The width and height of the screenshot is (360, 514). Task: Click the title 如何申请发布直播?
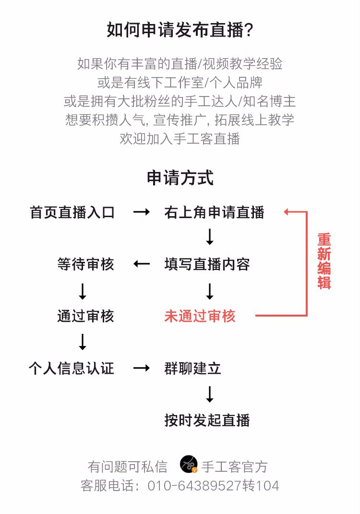pyautogui.click(x=180, y=30)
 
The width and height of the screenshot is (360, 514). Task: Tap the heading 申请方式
pyautogui.click(x=180, y=178)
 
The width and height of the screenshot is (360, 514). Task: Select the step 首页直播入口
pyautogui.click(x=72, y=212)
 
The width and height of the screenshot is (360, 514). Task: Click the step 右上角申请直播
pyautogui.click(x=214, y=212)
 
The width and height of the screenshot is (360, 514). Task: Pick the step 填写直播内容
pyautogui.click(x=207, y=264)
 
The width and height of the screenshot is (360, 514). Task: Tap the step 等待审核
pyautogui.click(x=86, y=264)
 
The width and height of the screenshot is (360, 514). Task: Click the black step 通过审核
pyautogui.click(x=86, y=316)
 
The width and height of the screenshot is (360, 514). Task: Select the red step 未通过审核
pyautogui.click(x=200, y=316)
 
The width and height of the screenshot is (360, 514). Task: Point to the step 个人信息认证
pyautogui.click(x=72, y=368)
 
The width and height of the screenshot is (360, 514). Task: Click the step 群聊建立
pyautogui.click(x=192, y=368)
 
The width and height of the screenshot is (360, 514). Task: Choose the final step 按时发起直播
pyautogui.click(x=207, y=420)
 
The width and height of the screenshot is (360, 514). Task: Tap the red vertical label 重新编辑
pyautogui.click(x=324, y=261)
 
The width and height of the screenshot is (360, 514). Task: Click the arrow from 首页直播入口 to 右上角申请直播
pyautogui.click(x=142, y=212)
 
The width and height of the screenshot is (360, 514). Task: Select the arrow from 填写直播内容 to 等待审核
pyautogui.click(x=142, y=264)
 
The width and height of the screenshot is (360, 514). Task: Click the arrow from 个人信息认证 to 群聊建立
pyautogui.click(x=142, y=368)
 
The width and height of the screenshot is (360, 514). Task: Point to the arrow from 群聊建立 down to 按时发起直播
pyautogui.click(x=210, y=394)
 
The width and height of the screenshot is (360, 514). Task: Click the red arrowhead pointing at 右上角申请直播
pyautogui.click(x=286, y=212)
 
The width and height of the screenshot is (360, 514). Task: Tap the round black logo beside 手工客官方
pyautogui.click(x=189, y=465)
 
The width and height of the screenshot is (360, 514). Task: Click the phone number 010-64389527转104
pyautogui.click(x=213, y=486)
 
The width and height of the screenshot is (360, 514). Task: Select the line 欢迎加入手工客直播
pyautogui.click(x=180, y=139)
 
